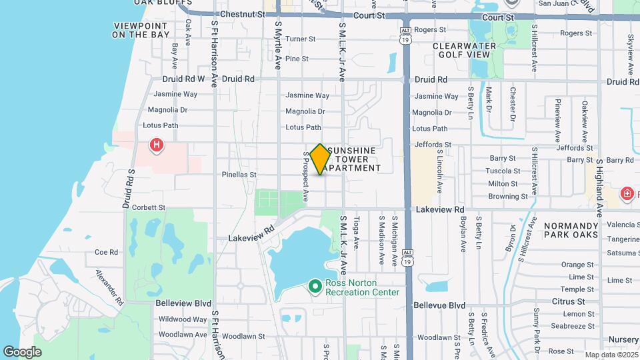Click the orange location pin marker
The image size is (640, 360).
point(321,159)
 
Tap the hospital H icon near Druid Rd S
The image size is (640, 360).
point(156,144)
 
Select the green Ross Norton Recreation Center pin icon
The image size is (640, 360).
point(315,287)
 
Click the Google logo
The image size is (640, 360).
point(22,352)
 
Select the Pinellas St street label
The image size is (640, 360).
point(239,175)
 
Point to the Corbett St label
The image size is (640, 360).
point(148,207)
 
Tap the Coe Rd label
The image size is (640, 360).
point(106,252)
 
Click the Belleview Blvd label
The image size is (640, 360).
point(183,303)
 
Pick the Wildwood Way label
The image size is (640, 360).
point(183,319)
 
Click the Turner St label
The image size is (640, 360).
point(300,39)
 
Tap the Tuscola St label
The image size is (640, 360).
point(503,171)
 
